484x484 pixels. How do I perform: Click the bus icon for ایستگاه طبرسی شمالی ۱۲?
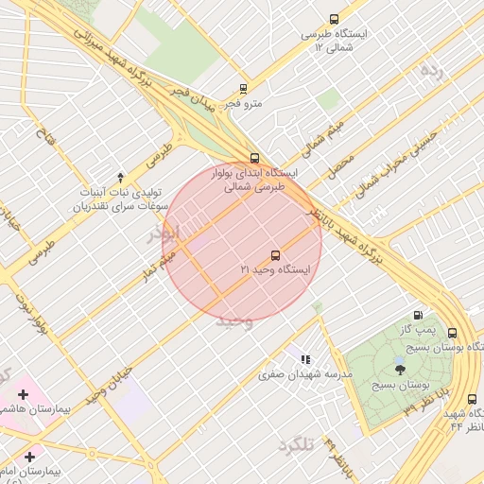(334, 19)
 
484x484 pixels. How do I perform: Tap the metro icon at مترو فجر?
(243, 89)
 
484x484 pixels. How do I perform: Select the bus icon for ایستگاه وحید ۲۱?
(275, 254)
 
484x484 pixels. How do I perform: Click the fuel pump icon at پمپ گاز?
(418, 315)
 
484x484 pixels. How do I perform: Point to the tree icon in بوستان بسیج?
(400, 370)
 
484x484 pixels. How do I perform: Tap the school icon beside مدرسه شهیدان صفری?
(303, 359)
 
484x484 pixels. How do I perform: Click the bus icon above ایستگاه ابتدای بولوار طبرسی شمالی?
(253, 158)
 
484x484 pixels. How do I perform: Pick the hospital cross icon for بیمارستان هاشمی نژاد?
(23, 393)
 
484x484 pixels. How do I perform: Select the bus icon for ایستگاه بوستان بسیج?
(452, 333)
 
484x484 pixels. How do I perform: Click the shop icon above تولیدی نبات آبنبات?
(120, 177)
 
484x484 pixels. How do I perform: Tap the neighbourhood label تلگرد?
(296, 444)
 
